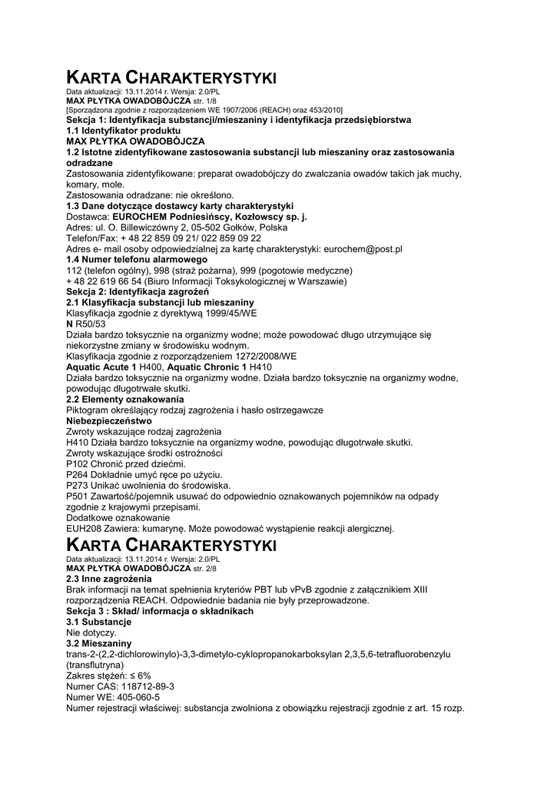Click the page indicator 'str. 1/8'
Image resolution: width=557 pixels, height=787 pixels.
[205, 101]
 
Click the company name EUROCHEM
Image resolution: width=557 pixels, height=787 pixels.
[144, 218]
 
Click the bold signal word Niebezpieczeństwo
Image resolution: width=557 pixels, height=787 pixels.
[109, 420]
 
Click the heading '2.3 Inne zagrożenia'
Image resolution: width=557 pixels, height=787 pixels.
[108, 578]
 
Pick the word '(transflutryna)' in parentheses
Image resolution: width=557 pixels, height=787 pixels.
[95, 664]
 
